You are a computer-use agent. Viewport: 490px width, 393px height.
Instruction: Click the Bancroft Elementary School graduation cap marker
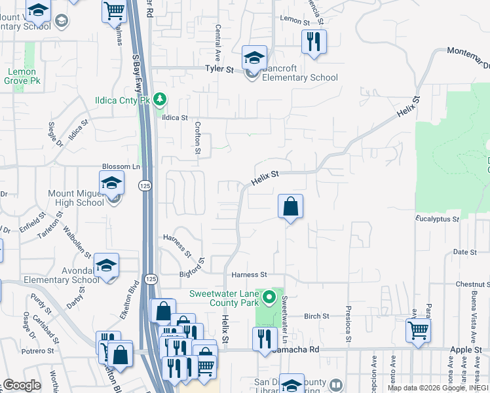[x=254, y=58]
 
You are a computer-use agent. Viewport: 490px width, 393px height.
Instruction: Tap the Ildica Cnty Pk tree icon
[x=159, y=100]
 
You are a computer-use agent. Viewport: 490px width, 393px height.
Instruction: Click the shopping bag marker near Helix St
[x=290, y=207]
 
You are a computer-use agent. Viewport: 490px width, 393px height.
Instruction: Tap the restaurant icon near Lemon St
[x=313, y=42]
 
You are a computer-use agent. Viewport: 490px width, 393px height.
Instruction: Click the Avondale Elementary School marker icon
[x=106, y=265]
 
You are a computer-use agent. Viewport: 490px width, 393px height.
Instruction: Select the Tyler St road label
[x=219, y=69]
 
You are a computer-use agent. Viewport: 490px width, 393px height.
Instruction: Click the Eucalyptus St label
[x=438, y=219]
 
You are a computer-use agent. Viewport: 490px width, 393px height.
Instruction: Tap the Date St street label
[x=464, y=252]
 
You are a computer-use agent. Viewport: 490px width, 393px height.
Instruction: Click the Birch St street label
[x=316, y=316]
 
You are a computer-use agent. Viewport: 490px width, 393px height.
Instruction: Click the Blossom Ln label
[x=121, y=167]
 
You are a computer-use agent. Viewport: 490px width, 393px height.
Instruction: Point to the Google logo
[x=22, y=385]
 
